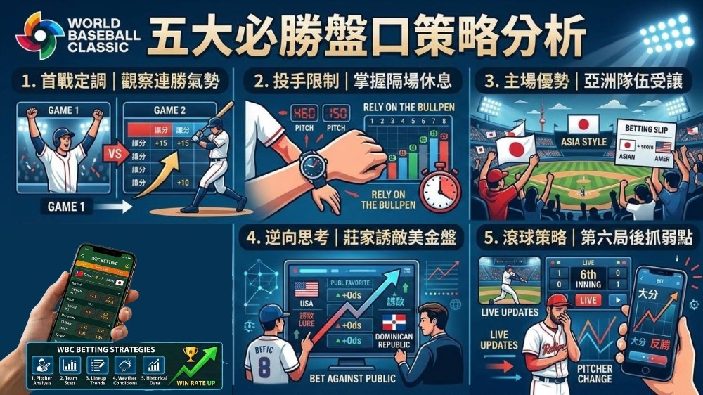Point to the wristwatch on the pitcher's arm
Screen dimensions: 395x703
coord(314,167)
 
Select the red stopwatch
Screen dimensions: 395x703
coord(439,188)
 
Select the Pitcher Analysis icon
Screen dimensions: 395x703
coord(42,365)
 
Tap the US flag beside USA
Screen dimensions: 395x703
coord(307,290)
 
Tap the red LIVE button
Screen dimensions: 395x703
coord(588,300)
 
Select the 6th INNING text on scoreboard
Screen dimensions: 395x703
coord(588,280)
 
